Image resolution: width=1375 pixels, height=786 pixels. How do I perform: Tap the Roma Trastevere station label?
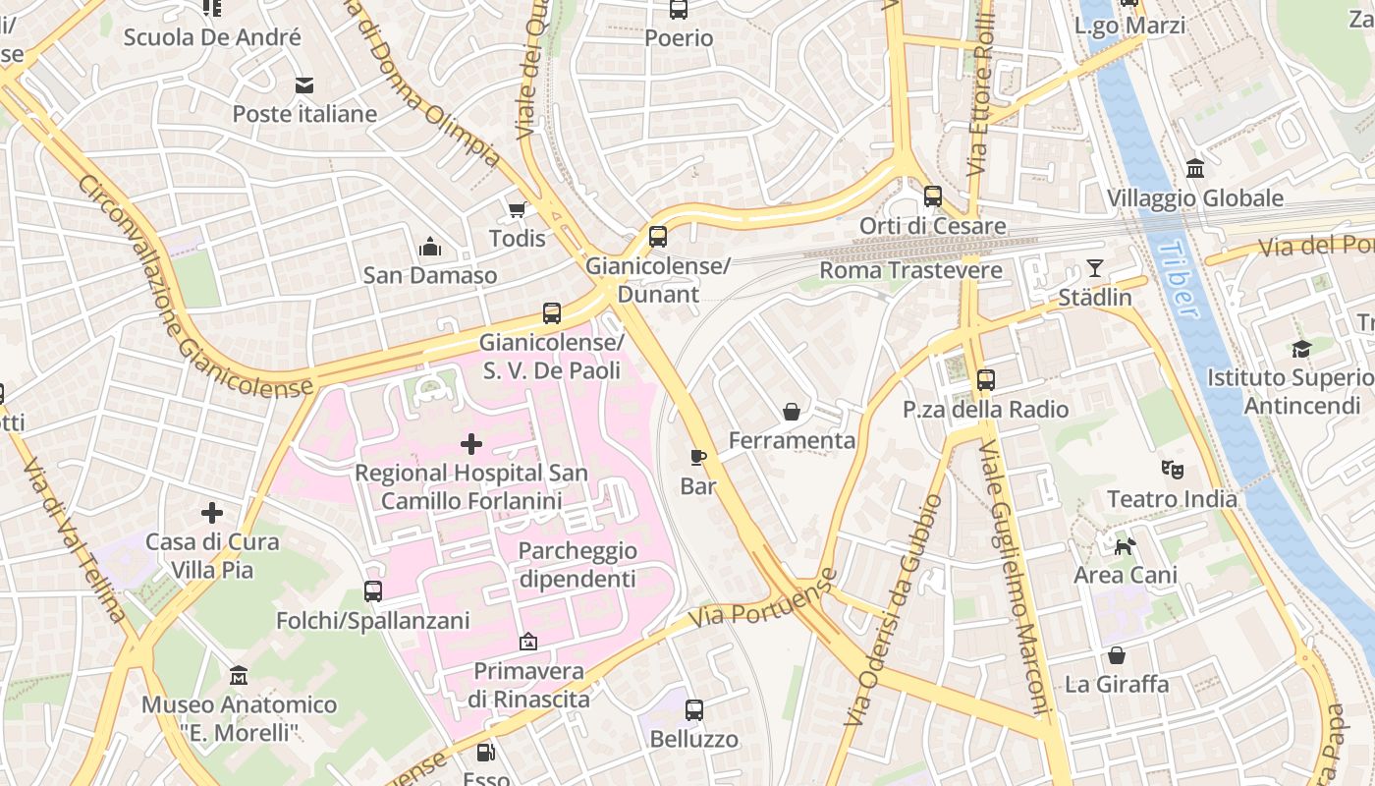[910, 270]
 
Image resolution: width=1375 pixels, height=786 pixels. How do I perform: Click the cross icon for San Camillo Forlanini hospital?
[471, 444]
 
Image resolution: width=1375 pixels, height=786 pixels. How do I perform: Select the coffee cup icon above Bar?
[698, 457]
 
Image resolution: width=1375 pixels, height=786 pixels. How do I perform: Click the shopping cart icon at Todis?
[517, 209]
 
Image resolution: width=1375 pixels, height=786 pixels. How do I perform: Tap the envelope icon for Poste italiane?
[304, 85]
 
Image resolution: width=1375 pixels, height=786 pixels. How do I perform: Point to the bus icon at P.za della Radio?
[985, 380]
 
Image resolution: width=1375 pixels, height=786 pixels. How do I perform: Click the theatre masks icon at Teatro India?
[1172, 470]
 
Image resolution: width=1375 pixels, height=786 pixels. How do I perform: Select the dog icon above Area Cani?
[1125, 545]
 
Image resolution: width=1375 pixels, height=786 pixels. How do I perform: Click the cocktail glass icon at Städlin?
[1095, 268]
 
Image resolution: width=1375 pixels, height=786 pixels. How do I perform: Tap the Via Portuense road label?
[762, 599]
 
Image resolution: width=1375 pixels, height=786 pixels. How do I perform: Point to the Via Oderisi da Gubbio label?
[892, 611]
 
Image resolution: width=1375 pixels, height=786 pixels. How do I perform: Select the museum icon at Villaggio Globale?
[1195, 169]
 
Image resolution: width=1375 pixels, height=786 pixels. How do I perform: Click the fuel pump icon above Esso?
[485, 754]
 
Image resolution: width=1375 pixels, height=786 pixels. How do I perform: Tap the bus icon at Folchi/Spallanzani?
[372, 591]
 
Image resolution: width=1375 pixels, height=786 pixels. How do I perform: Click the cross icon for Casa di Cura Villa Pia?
[212, 513]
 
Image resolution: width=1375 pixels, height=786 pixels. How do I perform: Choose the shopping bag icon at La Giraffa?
[1117, 655]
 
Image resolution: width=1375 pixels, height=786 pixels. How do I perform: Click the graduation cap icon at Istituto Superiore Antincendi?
[1301, 349]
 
